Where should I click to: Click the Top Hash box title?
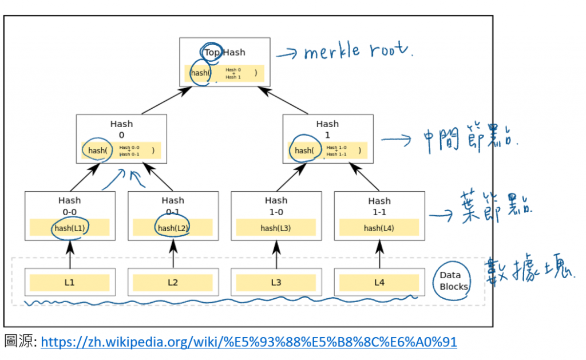tap(224, 52)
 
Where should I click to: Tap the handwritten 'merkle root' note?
tap(358, 52)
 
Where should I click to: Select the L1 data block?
tap(69, 282)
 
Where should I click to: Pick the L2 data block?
tap(173, 282)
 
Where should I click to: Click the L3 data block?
tap(276, 282)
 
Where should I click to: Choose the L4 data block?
tap(379, 282)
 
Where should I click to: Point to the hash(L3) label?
tap(276, 228)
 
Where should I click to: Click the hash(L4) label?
tap(379, 228)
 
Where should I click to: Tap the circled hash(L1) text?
tap(69, 228)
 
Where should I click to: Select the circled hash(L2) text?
tap(173, 228)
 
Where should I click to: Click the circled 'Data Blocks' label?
tap(453, 281)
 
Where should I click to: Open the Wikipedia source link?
tap(249, 342)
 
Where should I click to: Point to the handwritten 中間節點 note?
tap(469, 139)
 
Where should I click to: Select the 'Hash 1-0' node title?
tap(276, 205)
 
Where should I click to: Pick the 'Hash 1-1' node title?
tap(379, 205)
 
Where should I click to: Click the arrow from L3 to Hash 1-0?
tap(276, 254)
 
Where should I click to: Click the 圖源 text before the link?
tap(20, 342)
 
